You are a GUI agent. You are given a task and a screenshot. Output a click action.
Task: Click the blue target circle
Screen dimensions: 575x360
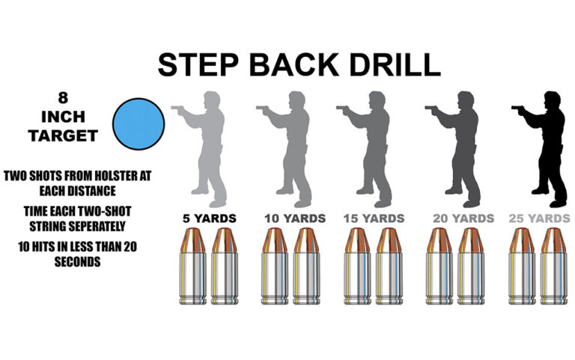point(139,124)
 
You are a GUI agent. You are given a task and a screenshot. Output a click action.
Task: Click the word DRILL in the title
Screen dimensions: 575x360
point(395,65)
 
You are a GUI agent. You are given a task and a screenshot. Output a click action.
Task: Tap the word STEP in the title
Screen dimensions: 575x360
point(198,65)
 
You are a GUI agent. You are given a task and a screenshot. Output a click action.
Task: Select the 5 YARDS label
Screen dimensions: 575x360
point(210,219)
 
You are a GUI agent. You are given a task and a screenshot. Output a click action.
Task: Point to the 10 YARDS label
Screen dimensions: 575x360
point(295,219)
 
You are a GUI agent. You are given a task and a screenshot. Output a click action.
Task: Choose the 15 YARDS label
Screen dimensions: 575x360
point(374,219)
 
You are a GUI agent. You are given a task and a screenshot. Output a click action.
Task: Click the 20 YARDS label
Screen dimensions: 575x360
point(463,219)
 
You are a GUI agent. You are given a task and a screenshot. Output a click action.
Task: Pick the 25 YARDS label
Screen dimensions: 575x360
point(539,219)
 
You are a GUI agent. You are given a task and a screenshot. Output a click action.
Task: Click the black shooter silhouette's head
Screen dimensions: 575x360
point(553,100)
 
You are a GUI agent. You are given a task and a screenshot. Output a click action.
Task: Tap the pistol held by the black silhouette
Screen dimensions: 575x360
point(517,109)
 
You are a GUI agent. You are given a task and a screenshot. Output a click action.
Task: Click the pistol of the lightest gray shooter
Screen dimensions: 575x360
point(177,109)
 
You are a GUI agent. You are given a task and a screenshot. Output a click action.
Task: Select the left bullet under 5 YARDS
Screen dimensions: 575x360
point(193,266)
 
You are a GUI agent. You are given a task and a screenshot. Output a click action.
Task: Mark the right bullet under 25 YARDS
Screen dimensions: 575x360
point(554,266)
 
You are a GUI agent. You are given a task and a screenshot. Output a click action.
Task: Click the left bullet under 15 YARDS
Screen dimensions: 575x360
point(358,266)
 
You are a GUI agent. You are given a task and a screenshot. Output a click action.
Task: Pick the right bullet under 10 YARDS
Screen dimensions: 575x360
point(306,266)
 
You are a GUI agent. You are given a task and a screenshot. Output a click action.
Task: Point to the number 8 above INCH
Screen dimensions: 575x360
point(63,98)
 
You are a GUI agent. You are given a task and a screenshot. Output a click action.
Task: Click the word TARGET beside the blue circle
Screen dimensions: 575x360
point(63,136)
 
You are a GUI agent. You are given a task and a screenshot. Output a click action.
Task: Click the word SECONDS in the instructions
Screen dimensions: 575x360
point(77,262)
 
